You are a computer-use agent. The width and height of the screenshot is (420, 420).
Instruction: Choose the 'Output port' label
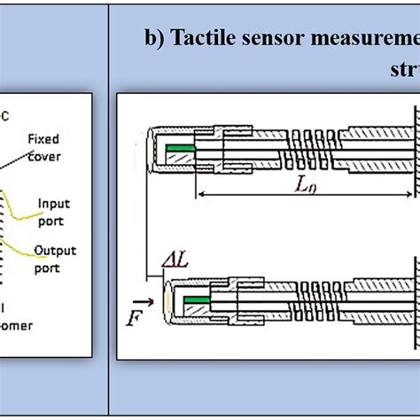tap(54, 257)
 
